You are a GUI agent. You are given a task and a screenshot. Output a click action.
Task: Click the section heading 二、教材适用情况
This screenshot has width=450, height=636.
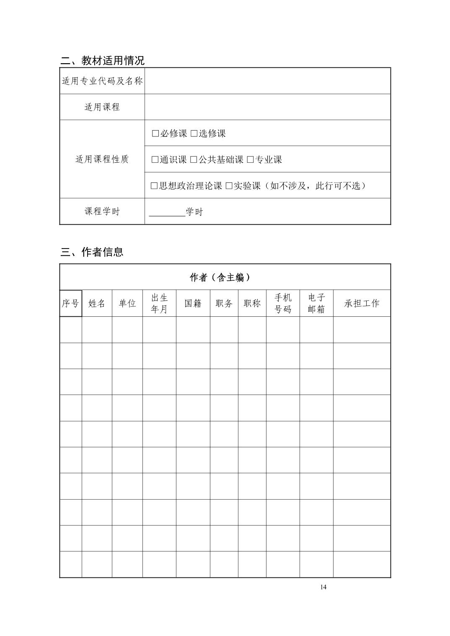click(103, 60)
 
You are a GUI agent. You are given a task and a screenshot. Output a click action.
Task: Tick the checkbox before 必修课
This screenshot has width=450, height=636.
click(155, 133)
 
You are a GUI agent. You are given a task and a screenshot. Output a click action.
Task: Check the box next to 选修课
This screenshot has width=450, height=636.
click(194, 133)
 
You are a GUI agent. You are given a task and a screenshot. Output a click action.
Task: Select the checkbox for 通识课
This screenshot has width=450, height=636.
click(155, 159)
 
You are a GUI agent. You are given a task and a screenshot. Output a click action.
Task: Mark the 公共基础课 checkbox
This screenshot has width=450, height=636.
click(194, 159)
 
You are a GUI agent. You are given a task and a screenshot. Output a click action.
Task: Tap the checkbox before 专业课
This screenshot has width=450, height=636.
click(251, 159)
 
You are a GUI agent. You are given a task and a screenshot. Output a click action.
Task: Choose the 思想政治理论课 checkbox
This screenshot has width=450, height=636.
click(154, 186)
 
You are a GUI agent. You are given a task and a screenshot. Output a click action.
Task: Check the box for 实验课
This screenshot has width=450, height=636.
click(229, 186)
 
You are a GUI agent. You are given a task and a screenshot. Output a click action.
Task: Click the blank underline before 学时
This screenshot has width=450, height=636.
click(167, 212)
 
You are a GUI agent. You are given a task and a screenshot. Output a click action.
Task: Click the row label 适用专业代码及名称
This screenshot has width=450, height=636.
click(102, 81)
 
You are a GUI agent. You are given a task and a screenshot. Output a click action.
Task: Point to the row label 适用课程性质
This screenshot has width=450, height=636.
click(102, 159)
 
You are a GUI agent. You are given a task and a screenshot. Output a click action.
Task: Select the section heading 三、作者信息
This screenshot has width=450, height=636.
click(92, 252)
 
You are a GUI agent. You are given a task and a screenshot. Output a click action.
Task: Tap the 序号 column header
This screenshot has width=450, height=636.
click(70, 303)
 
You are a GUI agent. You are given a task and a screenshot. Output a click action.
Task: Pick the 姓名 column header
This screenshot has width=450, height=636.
click(97, 303)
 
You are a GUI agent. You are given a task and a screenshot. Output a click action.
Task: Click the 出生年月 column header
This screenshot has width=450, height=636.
click(159, 303)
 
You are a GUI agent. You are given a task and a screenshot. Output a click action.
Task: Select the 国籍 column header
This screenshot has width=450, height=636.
click(193, 303)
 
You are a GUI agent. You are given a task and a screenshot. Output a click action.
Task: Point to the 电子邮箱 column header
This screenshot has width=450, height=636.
click(316, 303)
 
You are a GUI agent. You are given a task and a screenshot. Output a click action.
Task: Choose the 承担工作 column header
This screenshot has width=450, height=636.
click(362, 303)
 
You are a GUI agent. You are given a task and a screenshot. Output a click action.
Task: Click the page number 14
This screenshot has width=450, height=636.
click(323, 587)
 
